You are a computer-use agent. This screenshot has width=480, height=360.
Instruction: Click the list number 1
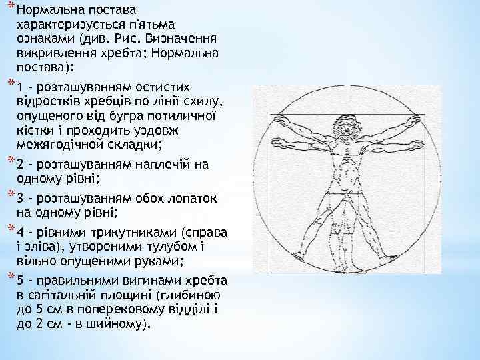21,88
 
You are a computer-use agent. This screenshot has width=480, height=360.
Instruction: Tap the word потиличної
183,116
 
